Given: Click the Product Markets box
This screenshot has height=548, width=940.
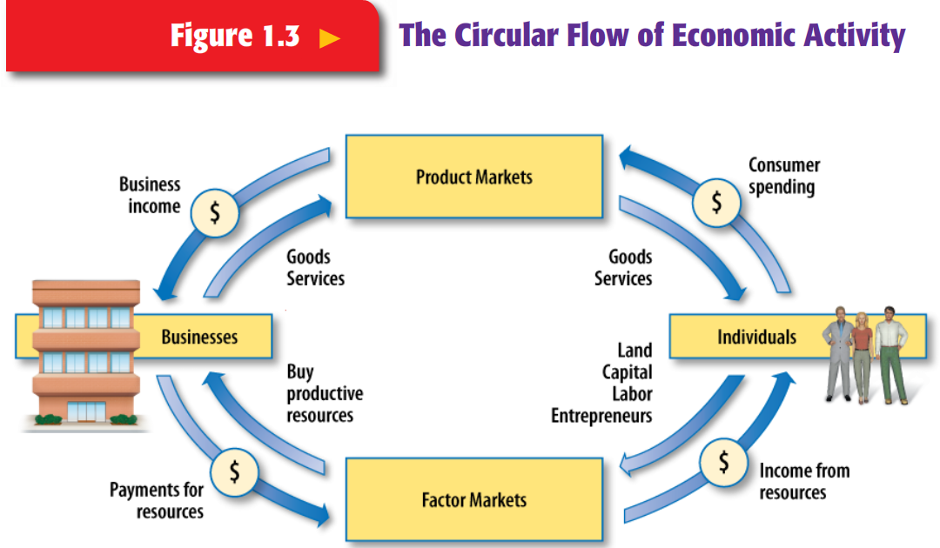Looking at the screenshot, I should pos(474,177).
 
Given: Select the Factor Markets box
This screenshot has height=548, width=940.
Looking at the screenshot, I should pos(474,500).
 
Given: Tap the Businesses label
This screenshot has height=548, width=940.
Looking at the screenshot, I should pos(199,337).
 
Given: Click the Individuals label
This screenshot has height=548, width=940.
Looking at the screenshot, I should pos(756,337).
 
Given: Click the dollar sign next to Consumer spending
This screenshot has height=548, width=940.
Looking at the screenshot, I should pos(716,203).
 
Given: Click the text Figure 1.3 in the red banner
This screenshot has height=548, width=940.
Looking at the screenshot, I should pos(235,37).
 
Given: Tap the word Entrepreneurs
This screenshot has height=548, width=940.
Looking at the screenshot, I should pos(601,416).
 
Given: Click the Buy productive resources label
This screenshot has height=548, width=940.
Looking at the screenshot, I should pos(324,394).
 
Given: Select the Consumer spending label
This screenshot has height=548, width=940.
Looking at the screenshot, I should pos(783,176).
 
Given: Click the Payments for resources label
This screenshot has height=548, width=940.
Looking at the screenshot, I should pos(158,500).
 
